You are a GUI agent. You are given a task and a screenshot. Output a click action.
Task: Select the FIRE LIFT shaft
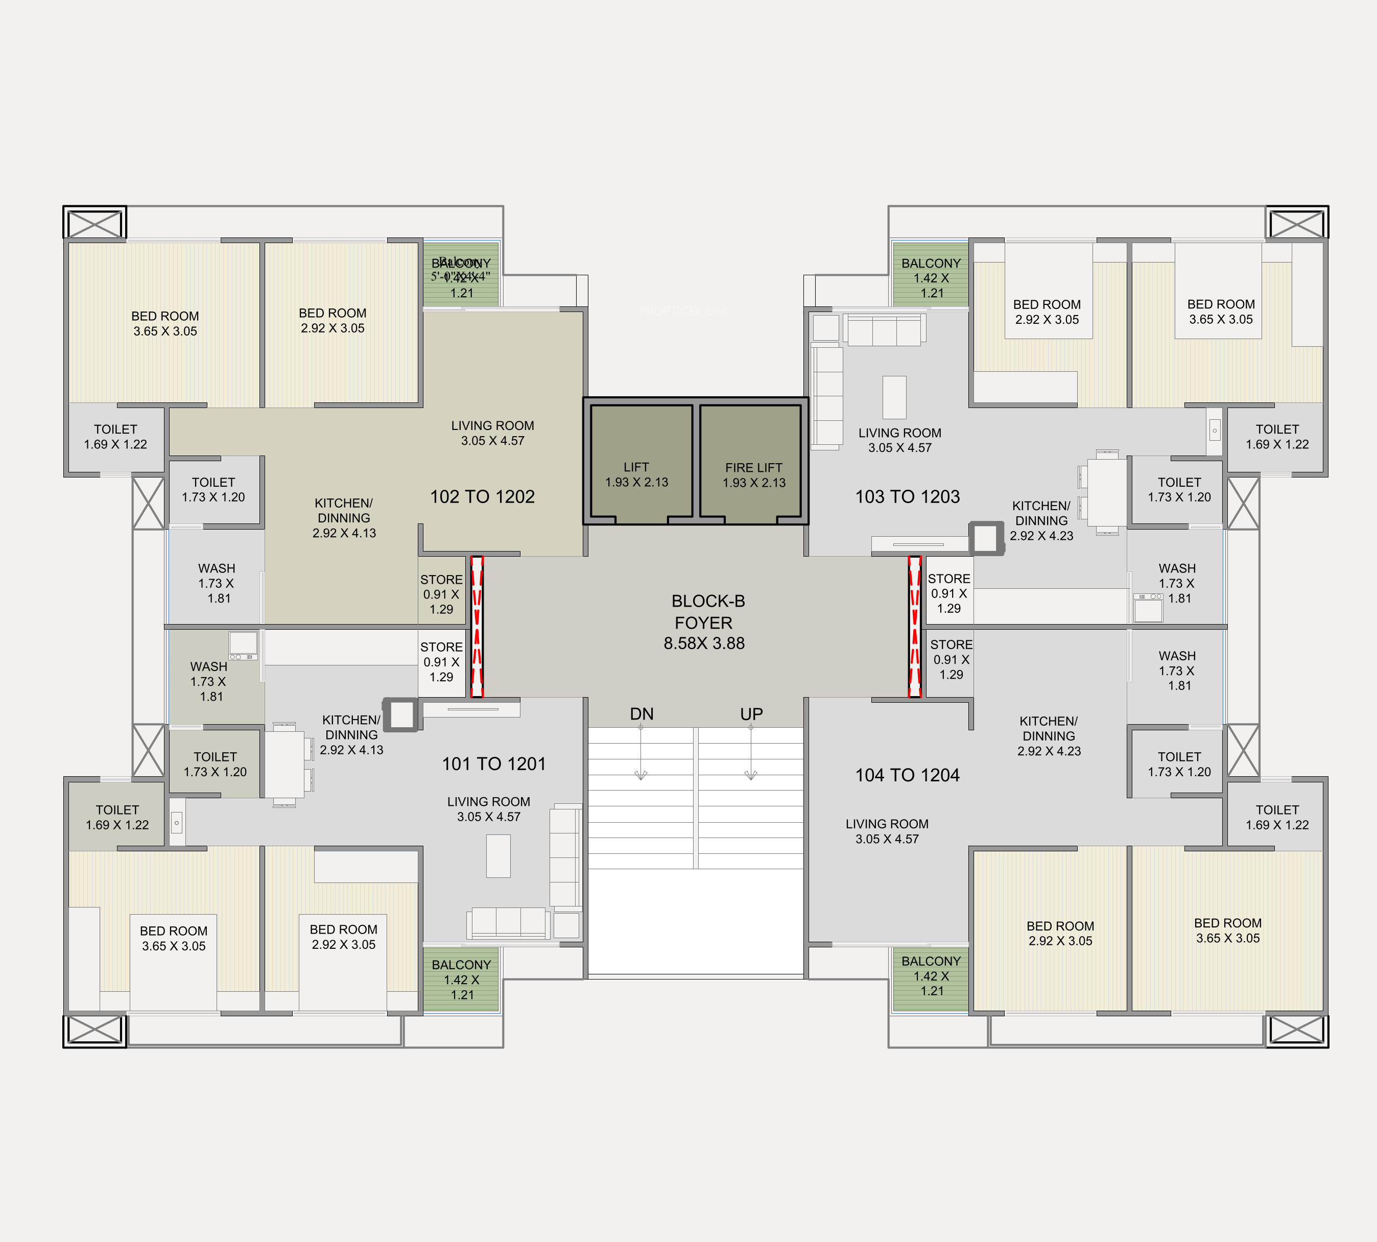tap(751, 461)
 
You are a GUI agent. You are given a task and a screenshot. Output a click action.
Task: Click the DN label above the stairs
tap(642, 714)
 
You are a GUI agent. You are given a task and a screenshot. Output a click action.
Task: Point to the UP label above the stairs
tap(751, 714)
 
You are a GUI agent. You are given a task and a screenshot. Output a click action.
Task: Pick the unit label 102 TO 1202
tap(483, 497)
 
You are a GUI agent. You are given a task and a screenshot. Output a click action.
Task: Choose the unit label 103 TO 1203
tap(908, 497)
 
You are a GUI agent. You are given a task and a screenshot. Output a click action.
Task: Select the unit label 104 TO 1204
tap(908, 775)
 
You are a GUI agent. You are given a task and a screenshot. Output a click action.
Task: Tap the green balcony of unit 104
tap(931, 978)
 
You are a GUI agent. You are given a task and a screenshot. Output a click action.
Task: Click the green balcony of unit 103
tap(931, 276)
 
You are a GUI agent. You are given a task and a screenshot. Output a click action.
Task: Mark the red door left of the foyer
tap(477, 627)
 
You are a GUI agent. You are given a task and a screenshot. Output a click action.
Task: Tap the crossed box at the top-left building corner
tap(95, 223)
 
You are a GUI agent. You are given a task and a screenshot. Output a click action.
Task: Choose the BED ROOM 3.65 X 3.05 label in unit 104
tap(1227, 930)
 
